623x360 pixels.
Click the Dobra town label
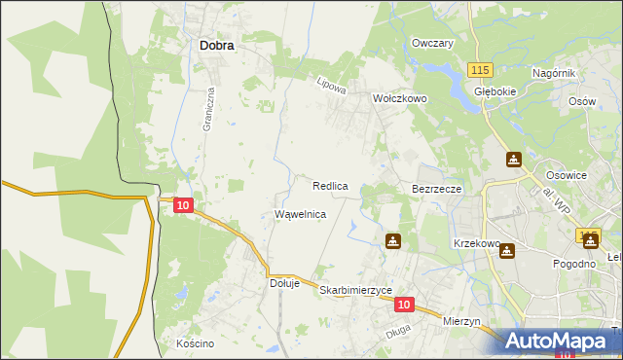(x=221, y=44)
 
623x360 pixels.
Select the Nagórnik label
(x=556, y=74)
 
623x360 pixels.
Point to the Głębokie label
(x=494, y=91)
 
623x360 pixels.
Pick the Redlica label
(x=331, y=185)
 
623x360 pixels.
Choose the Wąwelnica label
(x=301, y=213)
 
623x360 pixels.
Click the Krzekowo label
(x=476, y=243)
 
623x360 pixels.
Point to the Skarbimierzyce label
(x=356, y=291)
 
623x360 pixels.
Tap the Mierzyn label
(x=462, y=321)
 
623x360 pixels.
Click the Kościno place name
(x=195, y=343)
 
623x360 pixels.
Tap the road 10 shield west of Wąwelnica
(x=184, y=205)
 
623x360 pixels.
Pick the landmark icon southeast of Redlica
(x=392, y=240)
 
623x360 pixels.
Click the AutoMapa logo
(x=558, y=341)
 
